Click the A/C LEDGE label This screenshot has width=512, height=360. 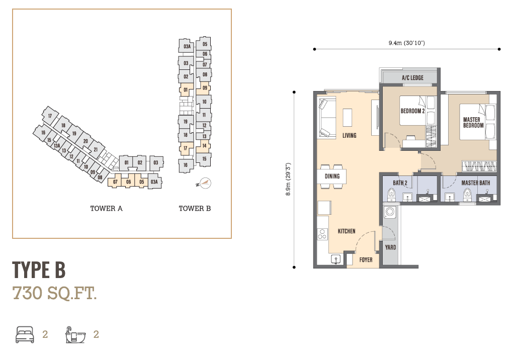(412, 77)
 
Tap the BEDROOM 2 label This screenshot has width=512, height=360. (412, 111)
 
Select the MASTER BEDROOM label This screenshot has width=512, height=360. (473, 122)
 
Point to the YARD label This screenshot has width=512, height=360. (390, 247)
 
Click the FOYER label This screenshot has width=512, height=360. (366, 260)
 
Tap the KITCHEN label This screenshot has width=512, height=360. (347, 231)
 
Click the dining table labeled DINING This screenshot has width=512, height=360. (332, 176)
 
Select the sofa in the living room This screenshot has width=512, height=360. (327, 119)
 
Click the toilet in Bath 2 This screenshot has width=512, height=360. (391, 195)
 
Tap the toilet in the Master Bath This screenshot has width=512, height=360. (468, 195)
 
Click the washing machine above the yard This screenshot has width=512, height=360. (390, 212)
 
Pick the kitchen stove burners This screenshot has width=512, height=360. (322, 234)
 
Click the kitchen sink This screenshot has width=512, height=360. (335, 259)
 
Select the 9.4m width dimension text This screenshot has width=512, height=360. (406, 43)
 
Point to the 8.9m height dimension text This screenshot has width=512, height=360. (288, 179)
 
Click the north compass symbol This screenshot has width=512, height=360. (205, 183)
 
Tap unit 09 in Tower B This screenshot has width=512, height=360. (204, 88)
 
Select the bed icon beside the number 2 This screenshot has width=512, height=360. (25, 334)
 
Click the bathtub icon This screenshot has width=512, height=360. (75, 335)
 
